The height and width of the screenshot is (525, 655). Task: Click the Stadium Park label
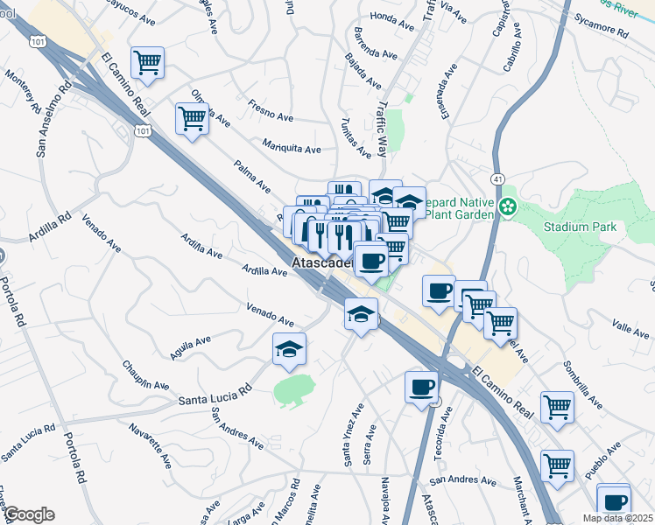tap(580, 227)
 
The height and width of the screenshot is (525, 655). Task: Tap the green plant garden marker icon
tap(507, 208)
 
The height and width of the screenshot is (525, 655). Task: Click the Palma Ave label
tap(252, 175)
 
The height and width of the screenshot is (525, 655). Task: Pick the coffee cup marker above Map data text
tap(614, 501)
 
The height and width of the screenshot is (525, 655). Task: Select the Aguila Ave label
tap(193, 349)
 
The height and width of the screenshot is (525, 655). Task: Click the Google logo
tap(28, 514)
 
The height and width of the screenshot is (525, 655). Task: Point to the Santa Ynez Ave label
tap(352, 435)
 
